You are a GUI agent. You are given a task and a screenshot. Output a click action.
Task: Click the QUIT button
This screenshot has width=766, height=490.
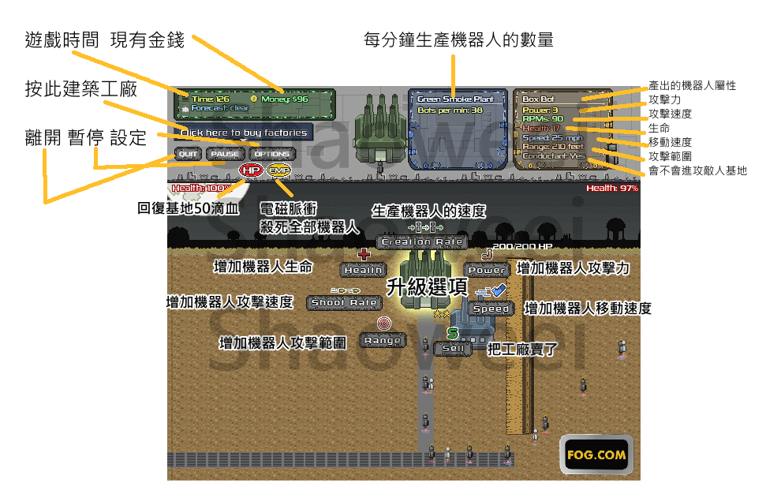click(x=188, y=154)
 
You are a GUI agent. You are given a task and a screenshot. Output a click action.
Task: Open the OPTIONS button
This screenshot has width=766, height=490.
click(x=272, y=154)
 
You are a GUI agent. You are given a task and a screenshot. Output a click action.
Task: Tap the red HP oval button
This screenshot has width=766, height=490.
click(x=251, y=170)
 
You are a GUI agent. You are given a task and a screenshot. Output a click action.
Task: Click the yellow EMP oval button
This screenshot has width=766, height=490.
click(x=278, y=170)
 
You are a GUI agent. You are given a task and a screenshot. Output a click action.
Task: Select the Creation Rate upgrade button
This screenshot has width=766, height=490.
click(x=422, y=242)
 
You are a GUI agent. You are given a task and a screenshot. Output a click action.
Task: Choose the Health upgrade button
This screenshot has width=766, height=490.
click(x=363, y=270)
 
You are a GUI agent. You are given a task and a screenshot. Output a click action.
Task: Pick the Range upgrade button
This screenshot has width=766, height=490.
click(x=383, y=341)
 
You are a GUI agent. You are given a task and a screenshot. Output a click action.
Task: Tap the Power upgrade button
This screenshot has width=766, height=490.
click(x=487, y=270)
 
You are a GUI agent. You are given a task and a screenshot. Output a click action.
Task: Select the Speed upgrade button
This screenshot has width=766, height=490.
click(x=491, y=309)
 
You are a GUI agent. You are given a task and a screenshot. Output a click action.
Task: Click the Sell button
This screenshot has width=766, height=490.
click(x=453, y=348)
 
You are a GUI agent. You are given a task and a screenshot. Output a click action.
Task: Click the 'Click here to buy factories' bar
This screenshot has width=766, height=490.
click(x=244, y=133)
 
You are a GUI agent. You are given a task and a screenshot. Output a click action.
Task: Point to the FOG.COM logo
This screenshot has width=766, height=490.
click(x=596, y=454)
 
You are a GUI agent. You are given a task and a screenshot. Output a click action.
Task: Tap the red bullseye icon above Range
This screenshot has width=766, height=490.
click(x=383, y=324)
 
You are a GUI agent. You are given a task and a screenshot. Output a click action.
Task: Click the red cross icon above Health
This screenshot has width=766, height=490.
click(x=364, y=254)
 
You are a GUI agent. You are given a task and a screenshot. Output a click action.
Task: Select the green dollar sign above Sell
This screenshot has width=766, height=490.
click(x=453, y=333)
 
